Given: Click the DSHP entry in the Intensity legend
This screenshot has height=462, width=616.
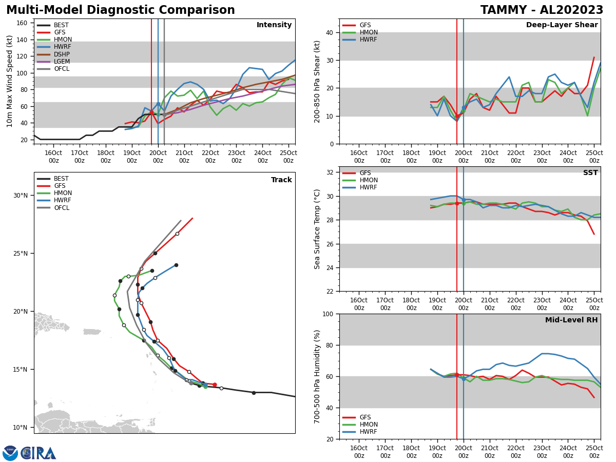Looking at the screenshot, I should click(62, 54).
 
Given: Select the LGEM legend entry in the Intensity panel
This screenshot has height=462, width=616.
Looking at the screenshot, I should click(62, 62).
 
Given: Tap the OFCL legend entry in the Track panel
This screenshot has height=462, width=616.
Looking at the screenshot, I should click(62, 208).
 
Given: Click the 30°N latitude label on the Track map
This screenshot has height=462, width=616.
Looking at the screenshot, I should click(21, 196).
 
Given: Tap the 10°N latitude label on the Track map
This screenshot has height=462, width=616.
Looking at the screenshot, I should click(21, 427).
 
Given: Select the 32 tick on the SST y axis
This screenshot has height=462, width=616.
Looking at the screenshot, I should click(330, 172).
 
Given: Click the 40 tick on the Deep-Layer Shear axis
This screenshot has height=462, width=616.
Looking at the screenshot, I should click(330, 32).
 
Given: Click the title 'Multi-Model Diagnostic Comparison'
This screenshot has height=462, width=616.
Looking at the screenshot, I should click(121, 10).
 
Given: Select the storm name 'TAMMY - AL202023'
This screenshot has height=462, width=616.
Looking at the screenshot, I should click(542, 10).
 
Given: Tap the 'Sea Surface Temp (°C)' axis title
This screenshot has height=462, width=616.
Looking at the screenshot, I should click(317, 229).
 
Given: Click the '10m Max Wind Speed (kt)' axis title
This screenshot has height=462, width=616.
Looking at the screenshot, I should click(10, 81).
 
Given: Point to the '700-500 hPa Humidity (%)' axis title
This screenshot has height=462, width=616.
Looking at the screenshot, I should click(317, 376).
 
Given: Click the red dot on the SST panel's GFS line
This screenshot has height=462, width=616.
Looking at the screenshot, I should click(457, 203).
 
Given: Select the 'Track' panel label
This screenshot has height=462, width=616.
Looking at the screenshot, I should click(281, 180).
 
